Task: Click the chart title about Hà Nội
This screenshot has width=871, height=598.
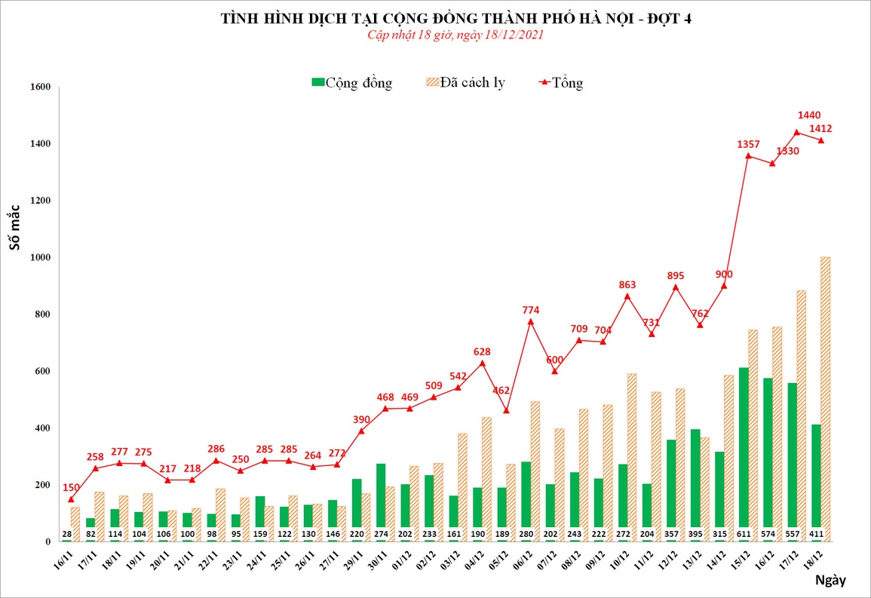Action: (x=455, y=19)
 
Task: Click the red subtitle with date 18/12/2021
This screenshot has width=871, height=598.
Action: (x=455, y=35)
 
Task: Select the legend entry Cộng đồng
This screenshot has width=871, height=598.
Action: (x=351, y=83)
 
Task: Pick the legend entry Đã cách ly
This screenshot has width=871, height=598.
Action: (x=465, y=83)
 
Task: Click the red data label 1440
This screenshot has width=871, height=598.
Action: (x=808, y=115)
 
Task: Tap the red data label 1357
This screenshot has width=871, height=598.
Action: (x=748, y=144)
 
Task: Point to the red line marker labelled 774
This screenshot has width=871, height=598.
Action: (x=530, y=322)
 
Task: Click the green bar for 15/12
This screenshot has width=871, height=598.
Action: (x=744, y=452)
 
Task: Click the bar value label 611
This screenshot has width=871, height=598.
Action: (x=744, y=535)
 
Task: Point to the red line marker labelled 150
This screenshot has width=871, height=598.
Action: (x=71, y=499)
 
